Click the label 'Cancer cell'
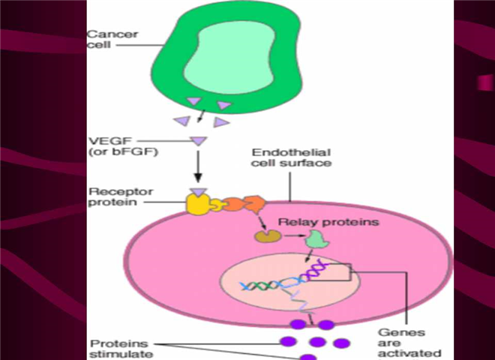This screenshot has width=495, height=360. pos(104,40)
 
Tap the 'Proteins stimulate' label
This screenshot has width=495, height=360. pos(112,347)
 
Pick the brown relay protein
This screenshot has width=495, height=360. pos(265,236)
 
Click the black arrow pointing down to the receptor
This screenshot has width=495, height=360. pos(198,169)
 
